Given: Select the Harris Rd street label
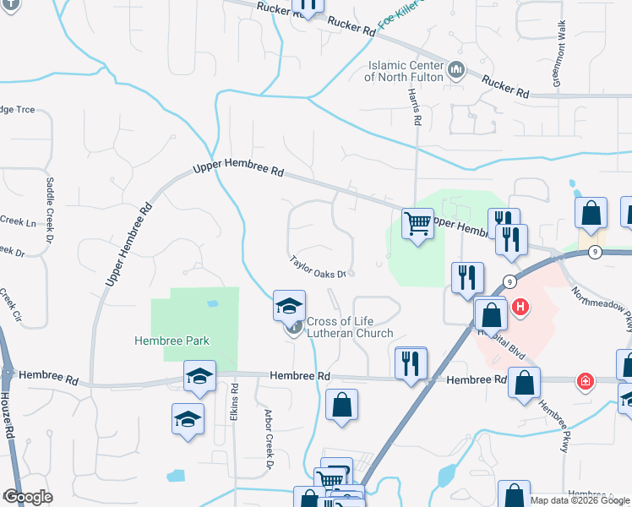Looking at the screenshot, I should click(x=414, y=106).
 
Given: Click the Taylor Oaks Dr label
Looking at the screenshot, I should click(x=319, y=268).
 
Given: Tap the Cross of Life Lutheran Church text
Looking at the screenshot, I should click(x=349, y=327).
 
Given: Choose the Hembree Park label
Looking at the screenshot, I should click(x=172, y=341).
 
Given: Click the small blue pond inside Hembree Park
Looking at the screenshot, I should click(x=211, y=303).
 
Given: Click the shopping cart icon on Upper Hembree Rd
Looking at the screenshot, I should click(x=417, y=224).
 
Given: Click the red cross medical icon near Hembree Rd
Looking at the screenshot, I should click(x=583, y=382).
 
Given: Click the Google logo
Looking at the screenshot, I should click(x=27, y=496).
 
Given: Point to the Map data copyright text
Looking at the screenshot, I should click(x=580, y=500).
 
